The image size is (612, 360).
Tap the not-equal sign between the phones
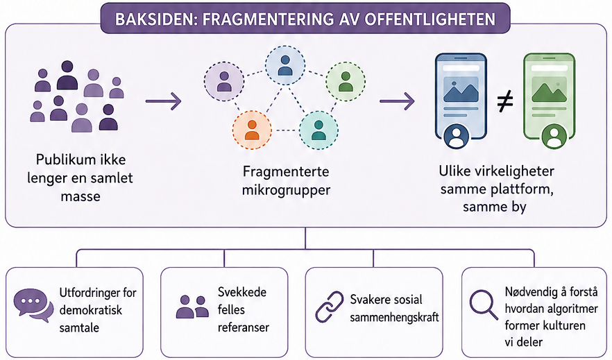pyautogui.click(x=505, y=102)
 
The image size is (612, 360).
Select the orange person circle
pyautogui.click(x=252, y=130)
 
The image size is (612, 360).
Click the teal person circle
pyautogui.click(x=318, y=130)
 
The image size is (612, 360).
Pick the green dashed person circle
pyautogui.click(x=346, y=81)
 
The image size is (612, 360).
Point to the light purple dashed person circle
pyautogui.click(x=224, y=81)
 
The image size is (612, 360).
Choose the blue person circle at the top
pyautogui.click(x=285, y=65)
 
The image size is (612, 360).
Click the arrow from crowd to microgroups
pyautogui.click(x=163, y=101)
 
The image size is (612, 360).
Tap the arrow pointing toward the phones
pyautogui.click(x=397, y=101)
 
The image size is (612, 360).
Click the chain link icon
pyautogui.click(x=330, y=307)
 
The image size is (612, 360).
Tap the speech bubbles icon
pyautogui.click(x=33, y=305)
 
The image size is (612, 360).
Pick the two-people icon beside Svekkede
pyautogui.click(x=192, y=307)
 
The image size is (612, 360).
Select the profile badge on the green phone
pyautogui.click(x=554, y=137)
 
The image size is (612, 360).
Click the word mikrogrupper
pyautogui.click(x=286, y=190)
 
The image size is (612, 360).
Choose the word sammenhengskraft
pyautogui.click(x=395, y=317)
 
